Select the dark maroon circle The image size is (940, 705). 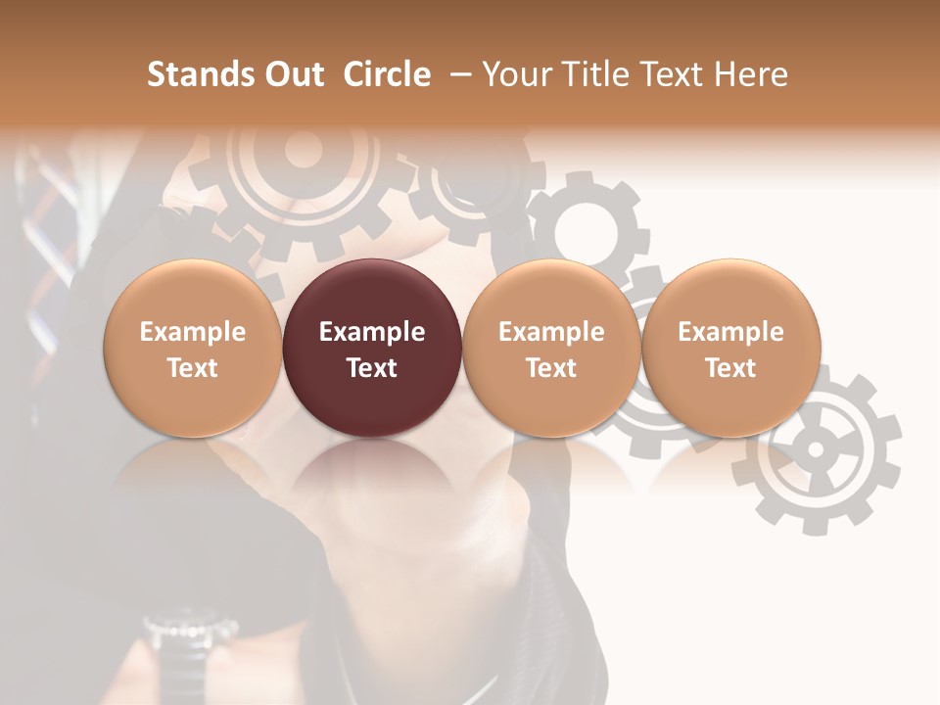coord(371,348)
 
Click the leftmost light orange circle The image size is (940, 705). coord(192,348)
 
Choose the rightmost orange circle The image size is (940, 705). coord(730,348)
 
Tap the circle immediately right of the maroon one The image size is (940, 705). coord(551,348)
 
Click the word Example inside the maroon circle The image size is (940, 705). coord(371,332)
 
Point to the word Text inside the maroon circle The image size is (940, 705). coord(371,368)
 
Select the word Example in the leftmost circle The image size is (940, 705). coord(192,332)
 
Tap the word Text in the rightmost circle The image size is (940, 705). coord(730,368)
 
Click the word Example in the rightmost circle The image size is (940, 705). coord(730,332)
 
